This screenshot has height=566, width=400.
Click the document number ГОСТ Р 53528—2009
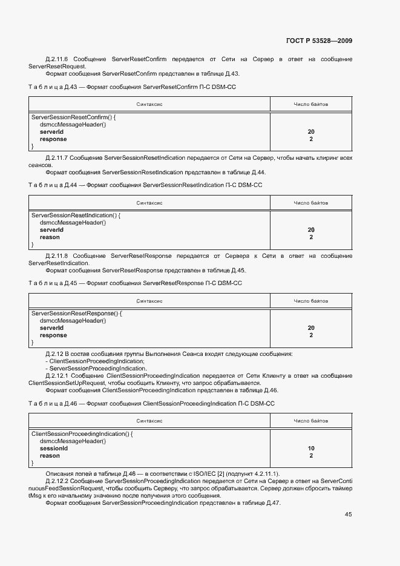(x=318, y=41)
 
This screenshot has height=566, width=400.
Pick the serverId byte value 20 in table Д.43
(x=311, y=131)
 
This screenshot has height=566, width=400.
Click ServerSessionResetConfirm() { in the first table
(x=73, y=117)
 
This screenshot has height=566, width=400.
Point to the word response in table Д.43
(x=53, y=139)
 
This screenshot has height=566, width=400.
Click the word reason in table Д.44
(x=50, y=237)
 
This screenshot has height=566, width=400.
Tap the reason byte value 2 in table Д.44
(x=311, y=237)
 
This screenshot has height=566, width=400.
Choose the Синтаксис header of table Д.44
(x=149, y=202)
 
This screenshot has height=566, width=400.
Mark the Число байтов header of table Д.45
(x=311, y=300)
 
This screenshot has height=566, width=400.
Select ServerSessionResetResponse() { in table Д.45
(x=77, y=314)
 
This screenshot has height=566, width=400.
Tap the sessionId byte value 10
(x=311, y=449)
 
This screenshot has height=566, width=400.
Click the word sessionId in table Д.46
(x=54, y=449)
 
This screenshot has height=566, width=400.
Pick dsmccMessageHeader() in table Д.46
(x=73, y=441)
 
